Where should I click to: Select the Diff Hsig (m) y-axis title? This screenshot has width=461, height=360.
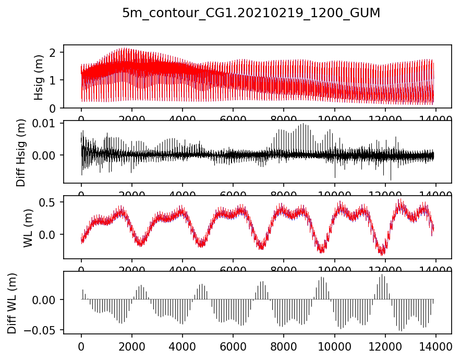[x=21, y=152]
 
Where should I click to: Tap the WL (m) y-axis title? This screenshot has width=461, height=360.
[x=29, y=227]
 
